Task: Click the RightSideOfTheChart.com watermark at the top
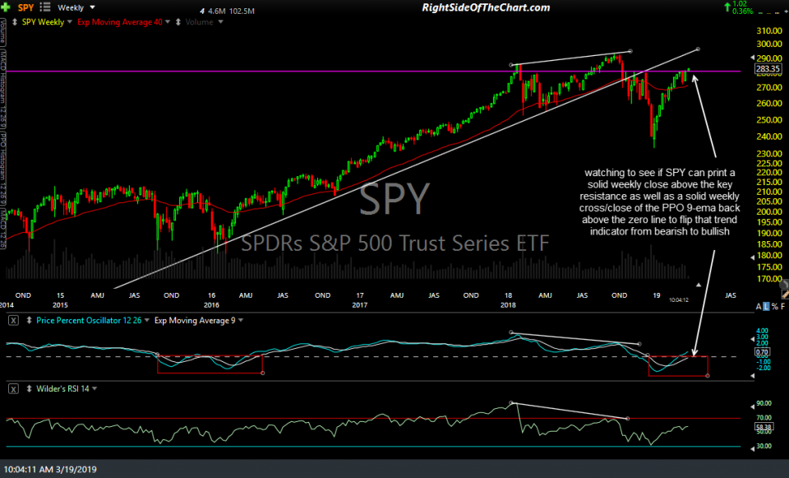tap(486, 7)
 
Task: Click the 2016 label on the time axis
tap(211, 295)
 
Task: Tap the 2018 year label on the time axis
tap(510, 295)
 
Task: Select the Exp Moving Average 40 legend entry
tap(119, 21)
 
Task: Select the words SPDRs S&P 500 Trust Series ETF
tap(394, 244)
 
